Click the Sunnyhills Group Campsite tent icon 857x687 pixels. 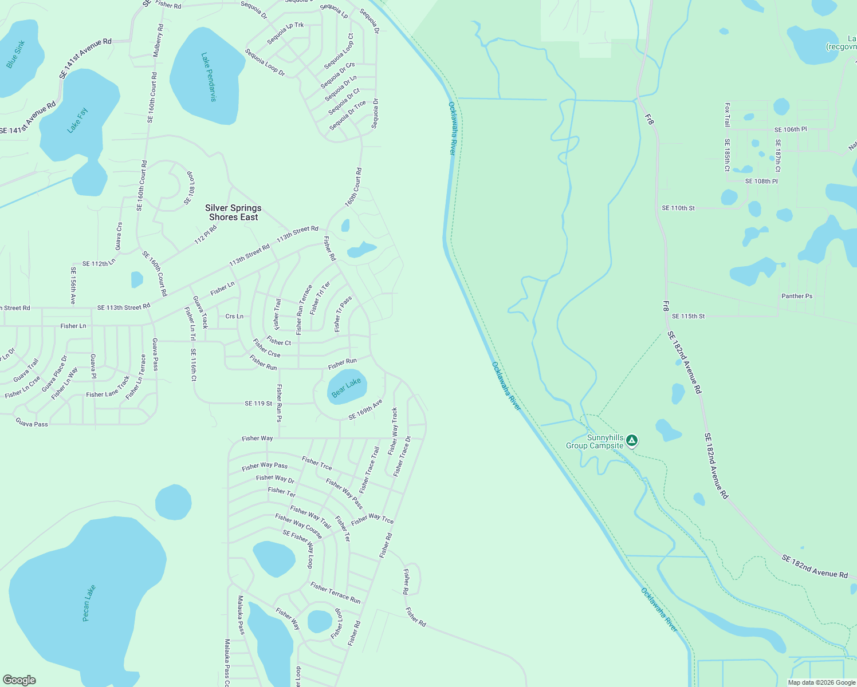click(x=632, y=440)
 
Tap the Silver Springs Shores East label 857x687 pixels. click(x=233, y=212)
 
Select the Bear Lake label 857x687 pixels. click(x=346, y=388)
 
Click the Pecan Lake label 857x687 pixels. click(x=89, y=603)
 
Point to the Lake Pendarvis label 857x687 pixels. click(x=209, y=77)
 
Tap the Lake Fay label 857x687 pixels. click(x=77, y=121)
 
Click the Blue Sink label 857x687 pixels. click(x=15, y=54)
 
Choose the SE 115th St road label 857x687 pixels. click(x=688, y=316)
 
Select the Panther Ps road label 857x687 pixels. click(x=797, y=296)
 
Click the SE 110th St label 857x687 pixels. click(x=678, y=208)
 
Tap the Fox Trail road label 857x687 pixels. click(x=727, y=114)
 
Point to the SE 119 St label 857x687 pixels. click(x=258, y=404)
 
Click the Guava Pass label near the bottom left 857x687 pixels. click(x=32, y=423)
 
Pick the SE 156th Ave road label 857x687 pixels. click(x=73, y=285)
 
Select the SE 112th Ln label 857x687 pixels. click(x=99, y=264)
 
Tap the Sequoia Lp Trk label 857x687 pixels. click(x=285, y=33)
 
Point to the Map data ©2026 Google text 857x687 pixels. click(x=821, y=682)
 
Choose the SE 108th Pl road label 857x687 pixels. click(x=761, y=181)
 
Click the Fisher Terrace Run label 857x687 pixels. click(x=335, y=593)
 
